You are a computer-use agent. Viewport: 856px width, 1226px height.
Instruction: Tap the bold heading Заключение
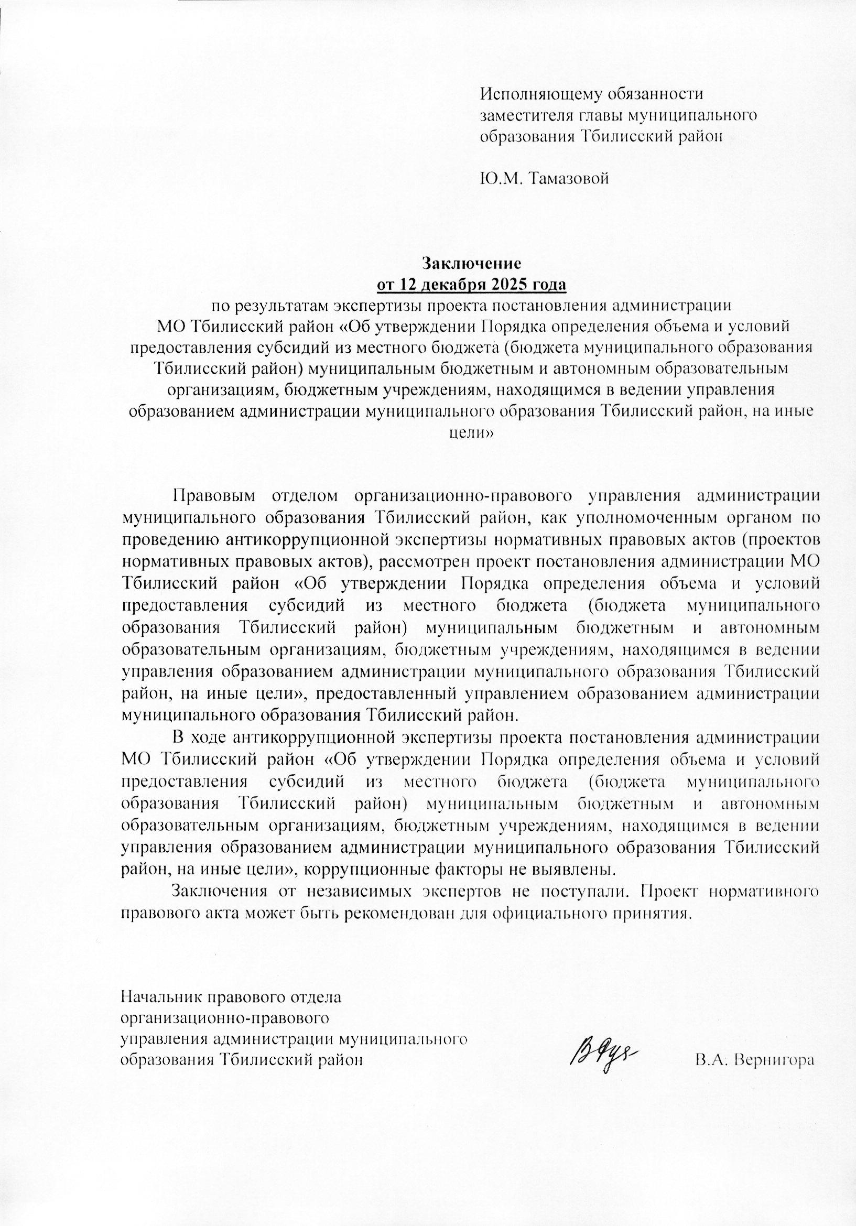(x=472, y=263)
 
